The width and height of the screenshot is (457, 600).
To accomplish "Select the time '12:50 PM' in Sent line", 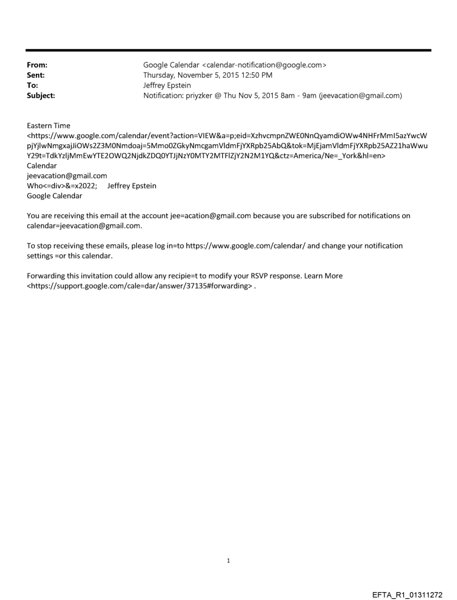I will coord(255,75).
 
